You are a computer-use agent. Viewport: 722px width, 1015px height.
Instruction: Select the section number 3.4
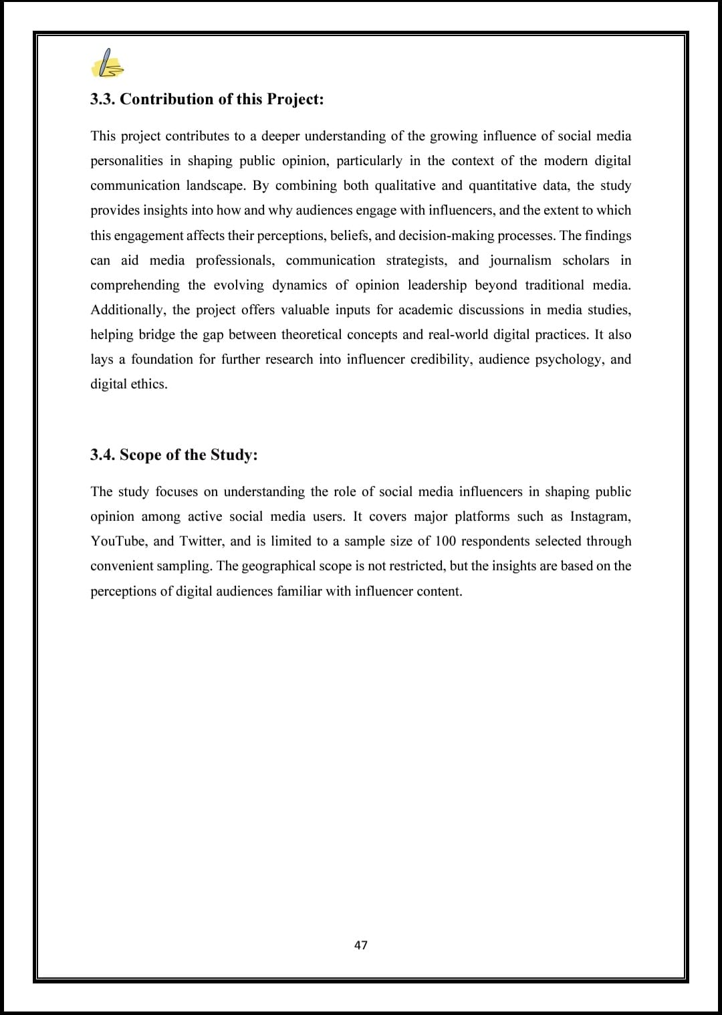102,455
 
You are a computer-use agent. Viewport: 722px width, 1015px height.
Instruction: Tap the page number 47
361,945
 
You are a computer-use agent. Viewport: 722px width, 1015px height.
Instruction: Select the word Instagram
600,516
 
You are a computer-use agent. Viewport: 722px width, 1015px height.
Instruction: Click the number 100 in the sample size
445,541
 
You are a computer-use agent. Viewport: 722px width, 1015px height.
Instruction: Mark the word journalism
520,260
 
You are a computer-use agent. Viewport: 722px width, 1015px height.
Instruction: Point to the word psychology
568,359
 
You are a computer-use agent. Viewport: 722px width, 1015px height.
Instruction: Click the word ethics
149,384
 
